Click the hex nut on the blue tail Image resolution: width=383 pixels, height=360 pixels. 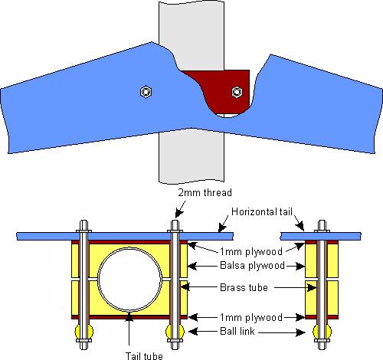pyautogui.click(x=146, y=92)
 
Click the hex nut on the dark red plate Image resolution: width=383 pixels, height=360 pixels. pyautogui.click(x=237, y=92)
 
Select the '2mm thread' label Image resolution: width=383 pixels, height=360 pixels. pyautogui.click(x=205, y=192)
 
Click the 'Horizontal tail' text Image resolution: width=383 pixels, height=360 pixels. pyautogui.click(x=262, y=211)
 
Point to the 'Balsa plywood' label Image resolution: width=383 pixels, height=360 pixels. pyautogui.click(x=252, y=266)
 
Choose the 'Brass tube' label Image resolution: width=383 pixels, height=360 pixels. pyautogui.click(x=244, y=287)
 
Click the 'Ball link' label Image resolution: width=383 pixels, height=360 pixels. pyautogui.click(x=237, y=331)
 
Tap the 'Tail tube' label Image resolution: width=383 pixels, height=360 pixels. pyautogui.click(x=144, y=355)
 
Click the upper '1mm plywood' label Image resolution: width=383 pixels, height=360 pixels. pyautogui.click(x=251, y=252)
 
